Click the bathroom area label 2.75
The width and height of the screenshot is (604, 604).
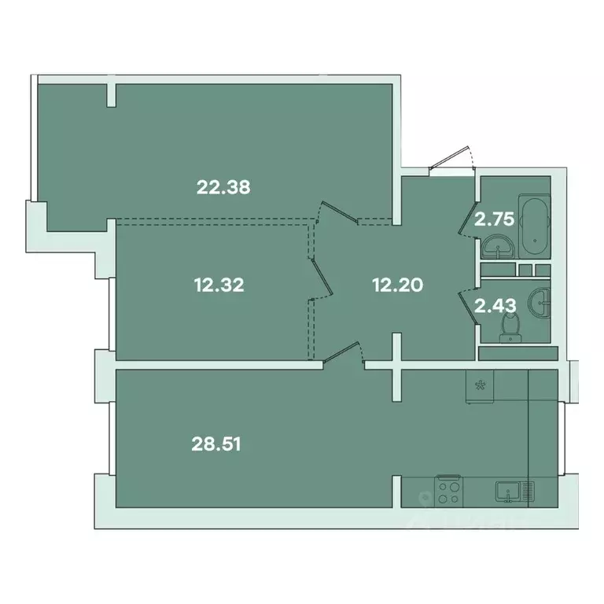(x=494, y=219)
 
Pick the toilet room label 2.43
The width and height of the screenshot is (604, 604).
(x=494, y=304)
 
